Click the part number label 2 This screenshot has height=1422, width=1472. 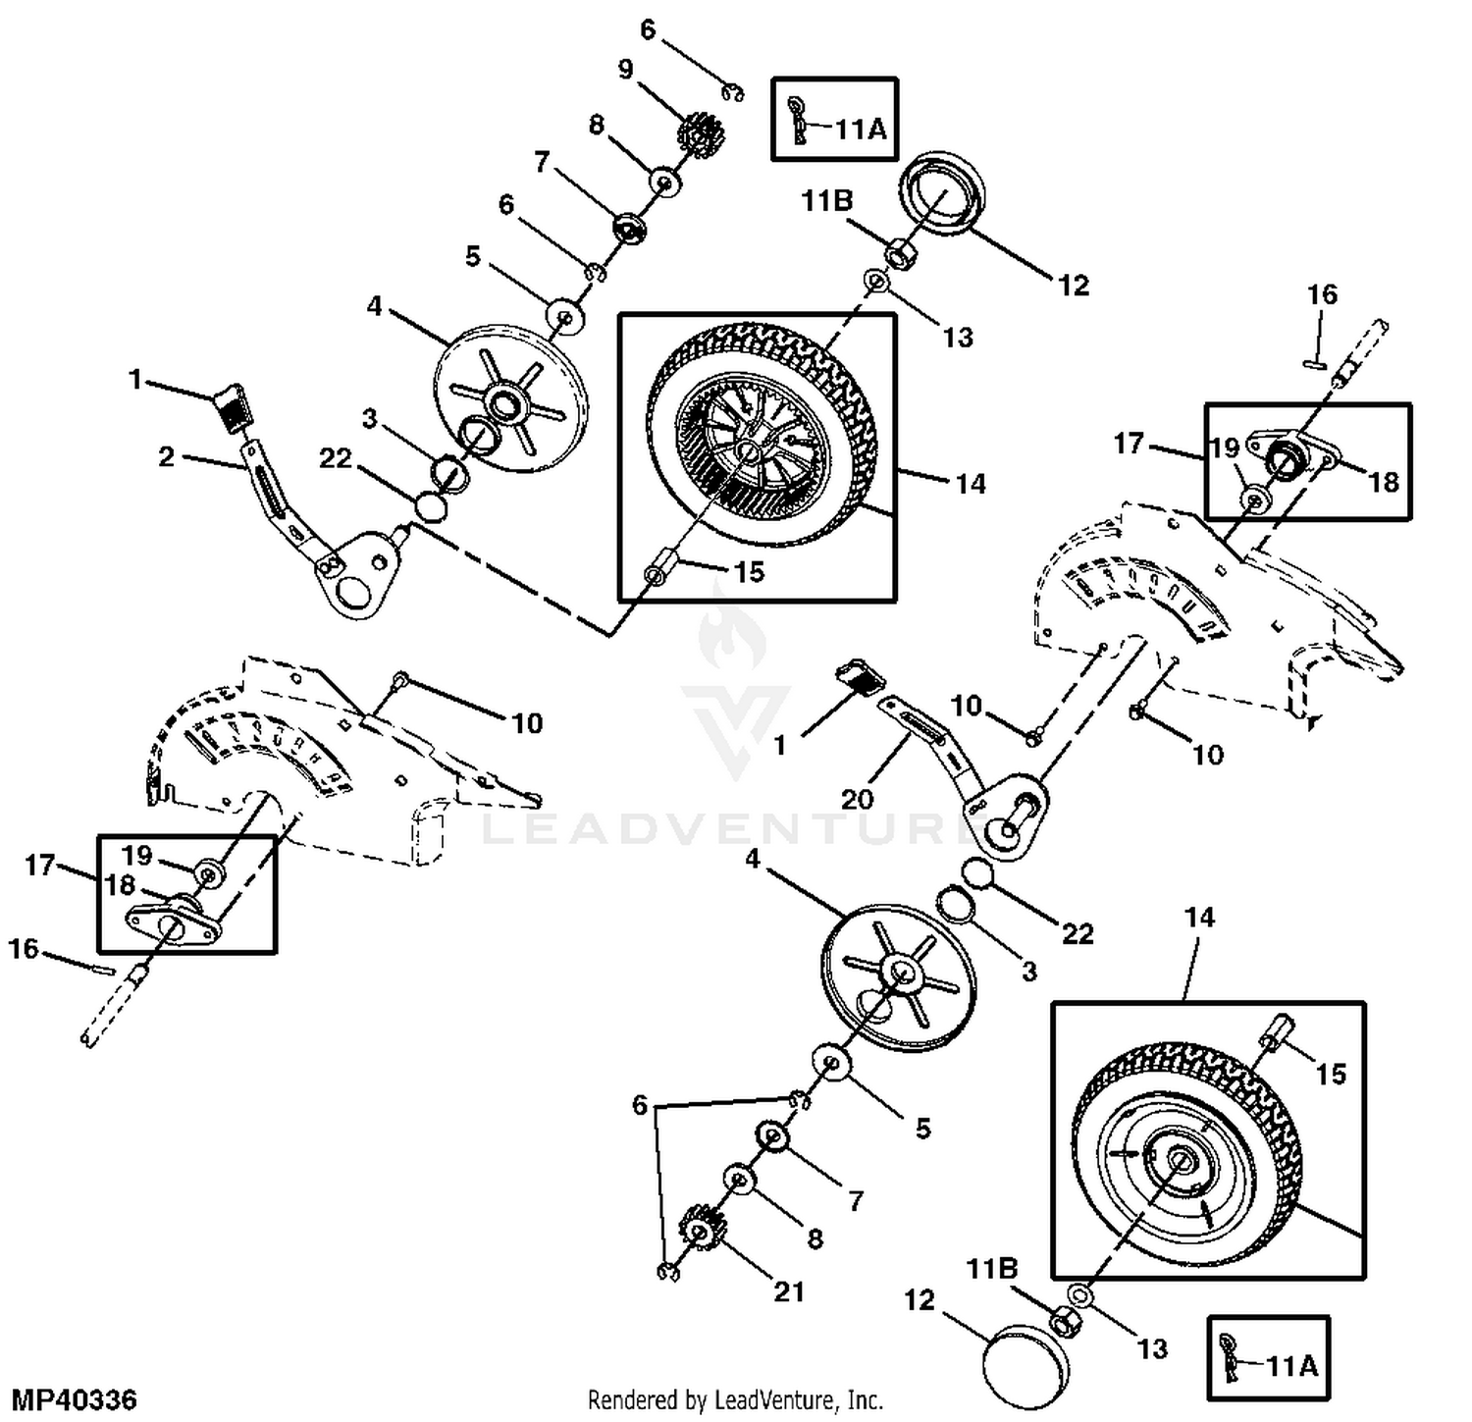(x=166, y=456)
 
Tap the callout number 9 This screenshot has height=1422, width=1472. (x=625, y=70)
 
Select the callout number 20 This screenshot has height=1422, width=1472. (x=857, y=799)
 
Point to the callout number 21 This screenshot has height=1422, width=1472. (x=789, y=1291)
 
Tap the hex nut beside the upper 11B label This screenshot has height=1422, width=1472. (x=900, y=253)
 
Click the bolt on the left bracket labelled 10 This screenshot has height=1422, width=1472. (x=399, y=680)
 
